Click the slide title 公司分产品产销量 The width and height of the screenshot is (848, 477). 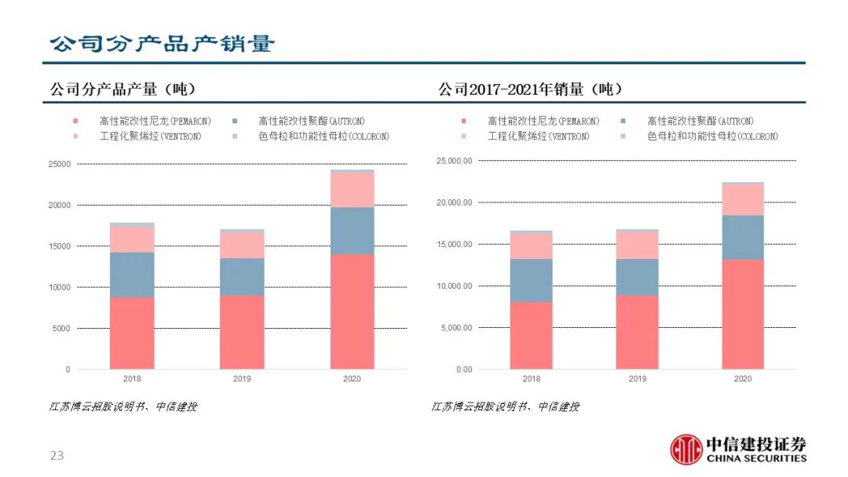pyautogui.click(x=162, y=43)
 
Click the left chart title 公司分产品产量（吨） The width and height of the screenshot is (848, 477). pyautogui.click(x=122, y=89)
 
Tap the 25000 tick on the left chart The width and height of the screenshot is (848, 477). pyautogui.click(x=60, y=164)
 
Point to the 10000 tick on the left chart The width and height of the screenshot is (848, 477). pyautogui.click(x=60, y=287)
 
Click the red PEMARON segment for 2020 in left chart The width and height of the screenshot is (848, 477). pyautogui.click(x=352, y=311)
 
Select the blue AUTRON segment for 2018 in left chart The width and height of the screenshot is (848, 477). pyautogui.click(x=132, y=275)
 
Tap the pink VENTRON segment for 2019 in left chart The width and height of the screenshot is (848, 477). pyautogui.click(x=242, y=245)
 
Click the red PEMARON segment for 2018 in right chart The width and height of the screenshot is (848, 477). pyautogui.click(x=532, y=335)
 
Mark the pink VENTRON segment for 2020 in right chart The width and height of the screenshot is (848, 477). pyautogui.click(x=743, y=199)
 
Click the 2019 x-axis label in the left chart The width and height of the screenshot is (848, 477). pyautogui.click(x=242, y=379)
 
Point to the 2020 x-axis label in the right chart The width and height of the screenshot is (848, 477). pyautogui.click(x=743, y=379)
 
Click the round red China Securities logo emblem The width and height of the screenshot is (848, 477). pyautogui.click(x=686, y=449)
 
